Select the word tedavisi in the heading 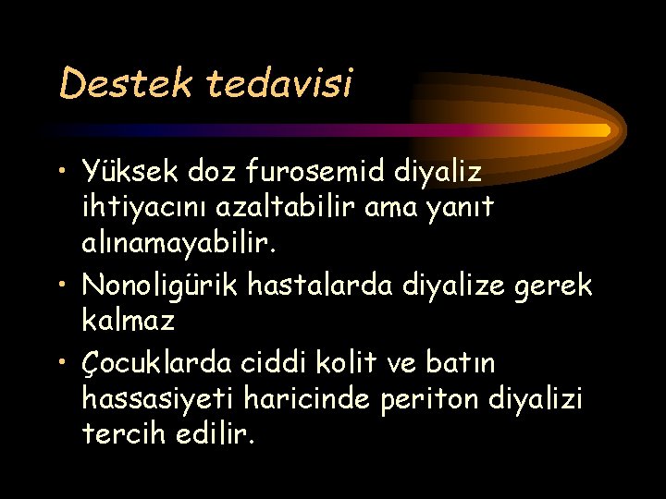[279, 84]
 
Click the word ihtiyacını [139, 209]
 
